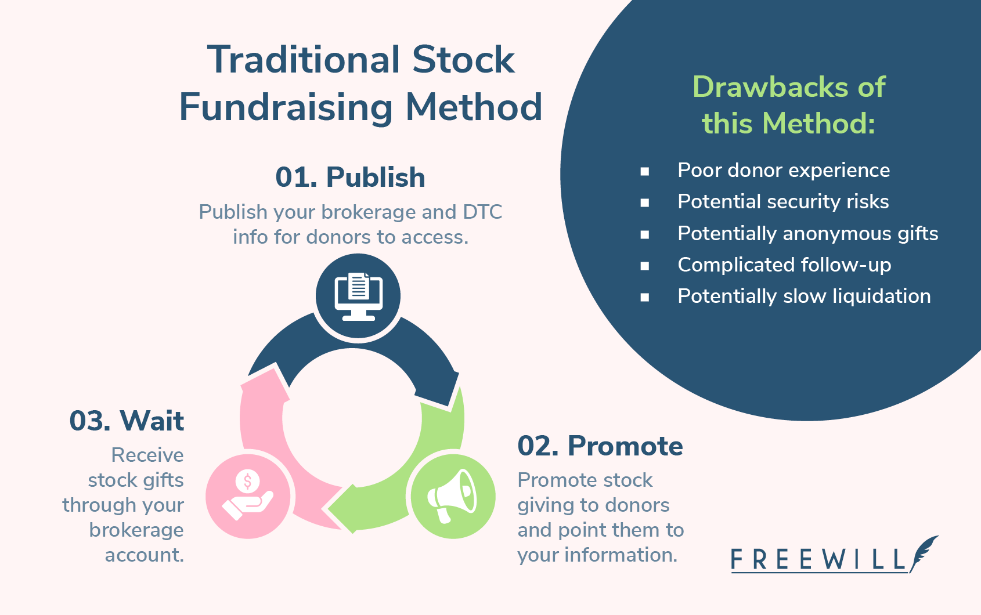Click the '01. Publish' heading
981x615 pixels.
pyautogui.click(x=350, y=178)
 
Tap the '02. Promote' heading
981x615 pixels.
pyautogui.click(x=600, y=446)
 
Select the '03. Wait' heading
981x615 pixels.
pyautogui.click(x=127, y=421)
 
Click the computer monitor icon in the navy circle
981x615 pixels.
pyautogui.click(x=358, y=296)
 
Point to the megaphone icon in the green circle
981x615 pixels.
pyautogui.click(x=452, y=496)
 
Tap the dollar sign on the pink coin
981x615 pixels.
pyautogui.click(x=248, y=481)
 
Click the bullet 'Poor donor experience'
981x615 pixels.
pyautogui.click(x=783, y=171)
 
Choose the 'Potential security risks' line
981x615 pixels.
pyautogui.click(x=782, y=202)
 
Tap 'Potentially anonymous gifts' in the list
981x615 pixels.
pyautogui.click(x=807, y=233)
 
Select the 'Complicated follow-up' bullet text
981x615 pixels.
pyautogui.click(x=784, y=265)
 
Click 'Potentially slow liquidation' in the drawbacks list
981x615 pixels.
pyautogui.click(x=803, y=296)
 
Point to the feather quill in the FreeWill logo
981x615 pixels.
pyautogui.click(x=924, y=551)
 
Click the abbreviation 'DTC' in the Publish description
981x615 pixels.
pyautogui.click(x=482, y=212)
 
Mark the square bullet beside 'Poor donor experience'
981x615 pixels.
pyautogui.click(x=644, y=171)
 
